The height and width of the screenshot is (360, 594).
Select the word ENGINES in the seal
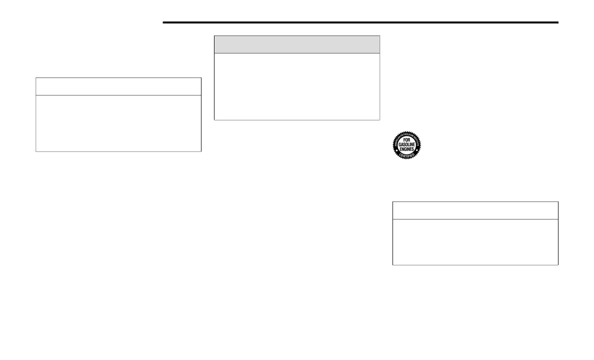[x=406, y=149]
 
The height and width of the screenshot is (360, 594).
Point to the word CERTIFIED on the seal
[x=406, y=156]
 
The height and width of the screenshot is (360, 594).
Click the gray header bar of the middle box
[x=297, y=44]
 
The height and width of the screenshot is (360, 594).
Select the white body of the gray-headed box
[x=297, y=86]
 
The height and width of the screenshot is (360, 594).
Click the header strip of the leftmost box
[x=118, y=86]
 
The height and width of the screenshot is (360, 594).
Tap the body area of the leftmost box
[x=118, y=123]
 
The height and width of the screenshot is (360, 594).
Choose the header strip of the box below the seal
[x=475, y=210]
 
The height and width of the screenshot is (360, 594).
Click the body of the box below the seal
[x=475, y=241]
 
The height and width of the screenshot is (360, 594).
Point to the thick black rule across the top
[x=360, y=22]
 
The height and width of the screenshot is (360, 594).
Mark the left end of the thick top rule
[x=164, y=22]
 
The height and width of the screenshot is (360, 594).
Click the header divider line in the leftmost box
[x=118, y=95]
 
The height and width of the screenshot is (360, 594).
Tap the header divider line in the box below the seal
[x=475, y=219]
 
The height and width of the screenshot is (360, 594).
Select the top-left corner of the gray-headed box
[x=214, y=36]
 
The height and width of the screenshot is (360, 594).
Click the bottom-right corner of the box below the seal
[x=557, y=264]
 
